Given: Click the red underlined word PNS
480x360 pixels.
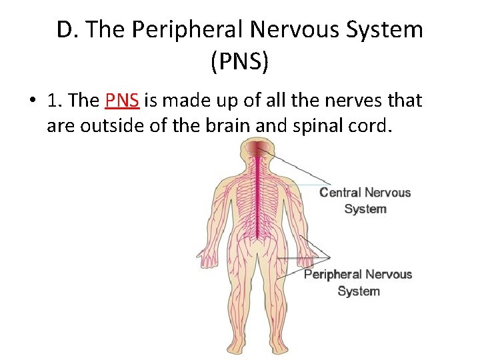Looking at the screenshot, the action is (x=122, y=101).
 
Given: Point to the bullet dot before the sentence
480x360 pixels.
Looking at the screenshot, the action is (x=31, y=101).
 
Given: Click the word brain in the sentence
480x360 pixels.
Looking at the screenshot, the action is (x=258, y=125).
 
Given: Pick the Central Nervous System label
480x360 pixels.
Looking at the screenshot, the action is (x=365, y=201).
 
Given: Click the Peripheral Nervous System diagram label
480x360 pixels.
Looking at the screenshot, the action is (x=358, y=283).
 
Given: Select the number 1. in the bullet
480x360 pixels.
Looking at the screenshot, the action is (x=55, y=101).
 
